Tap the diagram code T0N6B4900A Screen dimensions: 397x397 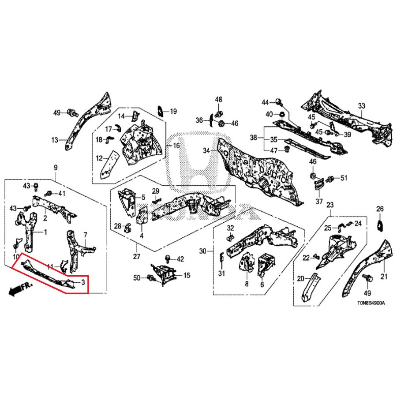(x=371, y=303)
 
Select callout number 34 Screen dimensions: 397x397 (x=206, y=151)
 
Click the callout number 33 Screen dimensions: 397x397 (x=361, y=106)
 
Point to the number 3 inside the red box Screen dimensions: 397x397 (x=82, y=282)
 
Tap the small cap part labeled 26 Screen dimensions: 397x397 (x=379, y=226)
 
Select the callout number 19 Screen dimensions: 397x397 (x=173, y=111)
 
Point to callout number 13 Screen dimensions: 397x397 (x=55, y=140)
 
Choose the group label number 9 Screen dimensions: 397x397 (x=56, y=167)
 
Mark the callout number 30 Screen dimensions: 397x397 (x=203, y=251)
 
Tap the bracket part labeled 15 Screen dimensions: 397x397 (x=165, y=272)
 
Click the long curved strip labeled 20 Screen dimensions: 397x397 (x=310, y=287)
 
